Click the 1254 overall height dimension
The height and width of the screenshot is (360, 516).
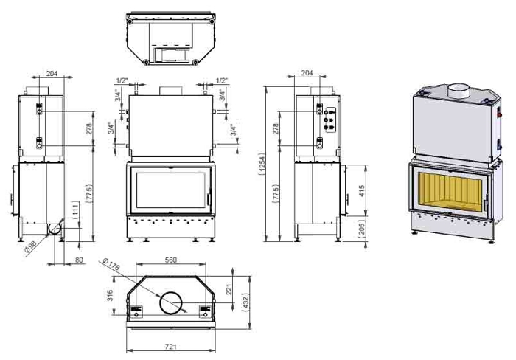pyautogui.click(x=262, y=164)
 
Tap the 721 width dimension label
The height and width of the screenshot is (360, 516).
pyautogui.click(x=171, y=346)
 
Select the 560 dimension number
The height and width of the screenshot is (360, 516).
pyautogui.click(x=171, y=260)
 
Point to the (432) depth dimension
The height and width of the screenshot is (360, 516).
pyautogui.click(x=245, y=302)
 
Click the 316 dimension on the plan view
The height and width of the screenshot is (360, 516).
pyautogui.click(x=111, y=295)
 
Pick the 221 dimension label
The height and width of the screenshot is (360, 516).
pyautogui.click(x=229, y=289)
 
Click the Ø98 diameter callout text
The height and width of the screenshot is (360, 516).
pyautogui.click(x=31, y=247)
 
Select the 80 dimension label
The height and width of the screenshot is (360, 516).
pyautogui.click(x=80, y=260)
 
